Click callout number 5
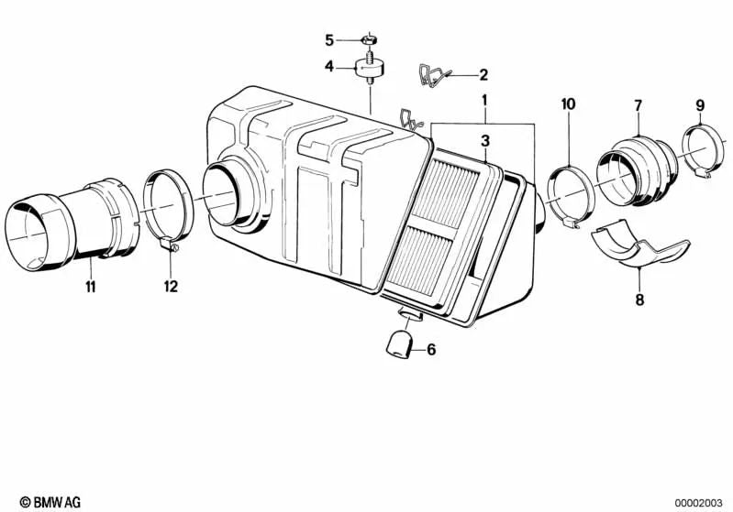pos(329,40)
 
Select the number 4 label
pos(329,67)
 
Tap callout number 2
pos(483,75)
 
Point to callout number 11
pos(91,286)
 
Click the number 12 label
pos(172,286)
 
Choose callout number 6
pos(431,349)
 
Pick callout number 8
pos(639,300)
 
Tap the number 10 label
pos(569,104)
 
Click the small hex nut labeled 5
pos(370,39)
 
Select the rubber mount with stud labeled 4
pos(371,69)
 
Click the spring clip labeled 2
pos(433,76)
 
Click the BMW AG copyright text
pos(50,502)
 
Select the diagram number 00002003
pos(698,503)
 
